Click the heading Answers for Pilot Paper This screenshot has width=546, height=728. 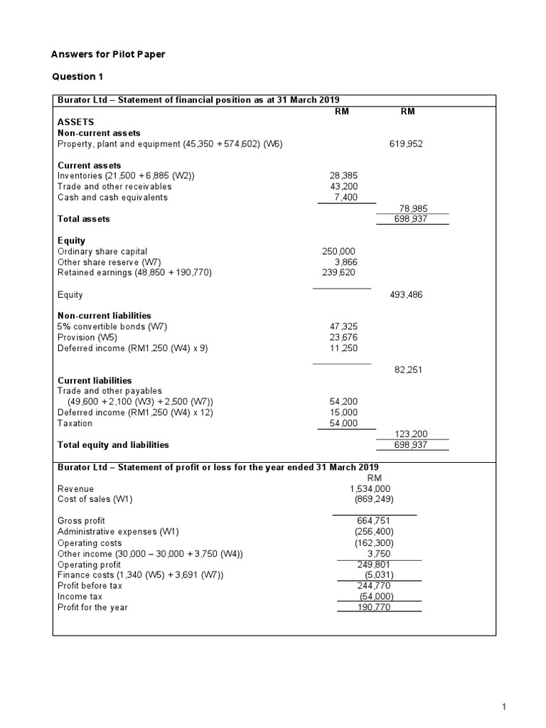click(x=108, y=54)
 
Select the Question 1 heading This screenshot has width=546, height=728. click(x=78, y=77)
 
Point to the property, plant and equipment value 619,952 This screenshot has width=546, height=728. click(x=406, y=144)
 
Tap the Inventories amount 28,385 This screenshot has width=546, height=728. click(x=343, y=176)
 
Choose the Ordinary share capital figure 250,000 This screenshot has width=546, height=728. click(x=339, y=251)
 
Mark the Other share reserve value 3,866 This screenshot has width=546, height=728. click(x=344, y=262)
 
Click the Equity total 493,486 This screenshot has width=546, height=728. click(x=406, y=294)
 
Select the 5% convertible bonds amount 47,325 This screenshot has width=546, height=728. click(x=344, y=326)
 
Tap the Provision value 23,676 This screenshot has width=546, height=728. click(x=344, y=337)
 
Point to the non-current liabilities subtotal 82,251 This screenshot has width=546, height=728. click(x=408, y=370)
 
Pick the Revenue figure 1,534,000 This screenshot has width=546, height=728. click(x=370, y=488)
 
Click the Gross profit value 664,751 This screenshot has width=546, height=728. click(x=375, y=520)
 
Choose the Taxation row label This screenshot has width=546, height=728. click(x=75, y=423)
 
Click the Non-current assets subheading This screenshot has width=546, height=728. click(x=99, y=133)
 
